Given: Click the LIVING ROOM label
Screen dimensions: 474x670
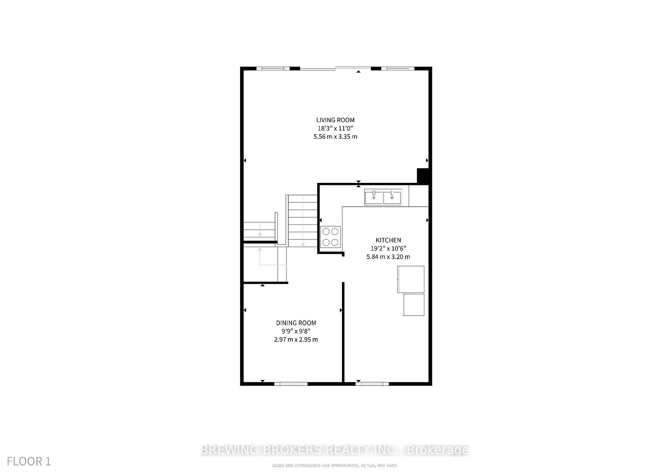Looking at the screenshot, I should [x=335, y=120].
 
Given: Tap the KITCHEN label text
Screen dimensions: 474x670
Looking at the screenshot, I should [x=388, y=240].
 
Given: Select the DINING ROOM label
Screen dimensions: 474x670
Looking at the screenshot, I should [x=296, y=323].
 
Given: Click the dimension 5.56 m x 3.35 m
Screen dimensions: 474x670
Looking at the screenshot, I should [x=335, y=136].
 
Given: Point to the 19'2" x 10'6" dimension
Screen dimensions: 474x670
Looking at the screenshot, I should [x=388, y=249].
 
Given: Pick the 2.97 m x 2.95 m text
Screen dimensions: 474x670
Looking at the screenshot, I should [x=296, y=339].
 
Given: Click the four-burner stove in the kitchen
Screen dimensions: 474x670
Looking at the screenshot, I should [x=330, y=237].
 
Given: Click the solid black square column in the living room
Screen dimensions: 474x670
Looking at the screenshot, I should [x=423, y=176].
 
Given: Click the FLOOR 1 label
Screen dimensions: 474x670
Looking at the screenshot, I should [x=29, y=461].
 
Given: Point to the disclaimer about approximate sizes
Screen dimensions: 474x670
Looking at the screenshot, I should [x=334, y=466].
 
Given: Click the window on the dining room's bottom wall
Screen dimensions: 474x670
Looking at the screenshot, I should [x=291, y=384].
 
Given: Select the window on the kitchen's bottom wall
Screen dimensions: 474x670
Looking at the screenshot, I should [x=372, y=384].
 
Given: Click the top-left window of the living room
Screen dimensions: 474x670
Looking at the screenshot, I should [x=273, y=68].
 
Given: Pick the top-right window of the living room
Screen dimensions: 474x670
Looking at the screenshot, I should [x=397, y=68].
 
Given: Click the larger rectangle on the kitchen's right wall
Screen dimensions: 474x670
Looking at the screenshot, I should [x=411, y=279].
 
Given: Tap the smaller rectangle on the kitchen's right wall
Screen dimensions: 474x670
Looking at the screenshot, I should [x=414, y=305].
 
